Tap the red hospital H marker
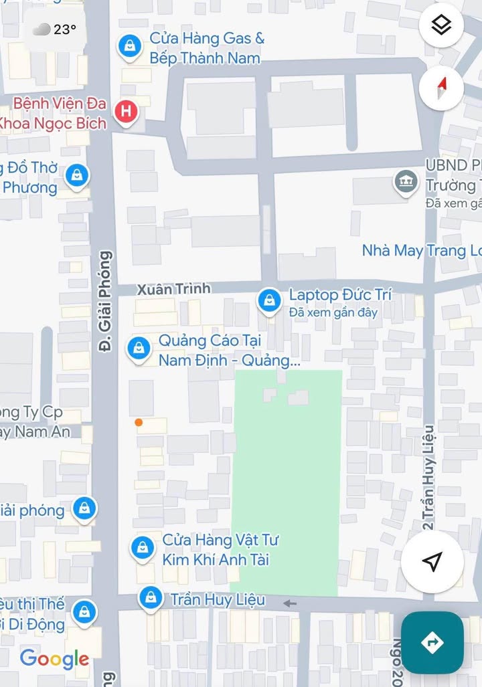pyautogui.click(x=125, y=112)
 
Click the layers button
pyautogui.click(x=441, y=25)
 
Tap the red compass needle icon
pyautogui.click(x=441, y=88)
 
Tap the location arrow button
pyautogui.click(x=432, y=562)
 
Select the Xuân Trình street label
pyautogui.click(x=173, y=289)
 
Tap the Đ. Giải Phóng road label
pyautogui.click(x=106, y=301)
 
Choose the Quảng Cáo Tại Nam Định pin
pyautogui.click(x=139, y=348)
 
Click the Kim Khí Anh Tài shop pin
pyautogui.click(x=142, y=548)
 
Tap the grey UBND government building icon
pyautogui.click(x=405, y=181)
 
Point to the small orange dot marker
pyautogui.click(x=138, y=422)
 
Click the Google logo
pyautogui.click(x=54, y=658)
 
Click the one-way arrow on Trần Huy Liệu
pyautogui.click(x=290, y=603)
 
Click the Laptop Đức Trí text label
pyautogui.click(x=340, y=295)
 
